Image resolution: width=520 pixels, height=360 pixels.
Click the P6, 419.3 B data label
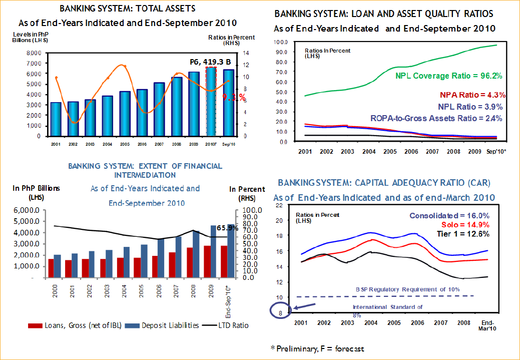click(211, 62)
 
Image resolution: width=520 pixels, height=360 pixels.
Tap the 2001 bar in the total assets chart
click(56, 119)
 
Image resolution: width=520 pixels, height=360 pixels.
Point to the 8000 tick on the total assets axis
click(34, 53)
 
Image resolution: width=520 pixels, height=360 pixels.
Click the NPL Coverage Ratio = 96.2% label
click(449, 76)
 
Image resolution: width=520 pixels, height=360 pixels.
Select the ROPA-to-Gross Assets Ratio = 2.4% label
click(436, 118)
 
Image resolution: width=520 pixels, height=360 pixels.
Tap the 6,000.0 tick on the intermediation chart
click(31, 210)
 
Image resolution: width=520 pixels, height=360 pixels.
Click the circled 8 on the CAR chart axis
click(280, 313)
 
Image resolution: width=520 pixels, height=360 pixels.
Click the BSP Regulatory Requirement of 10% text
click(407, 289)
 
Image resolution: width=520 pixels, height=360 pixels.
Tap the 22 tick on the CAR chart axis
click(279, 205)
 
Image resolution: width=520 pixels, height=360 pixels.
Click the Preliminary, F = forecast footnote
click(317, 348)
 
